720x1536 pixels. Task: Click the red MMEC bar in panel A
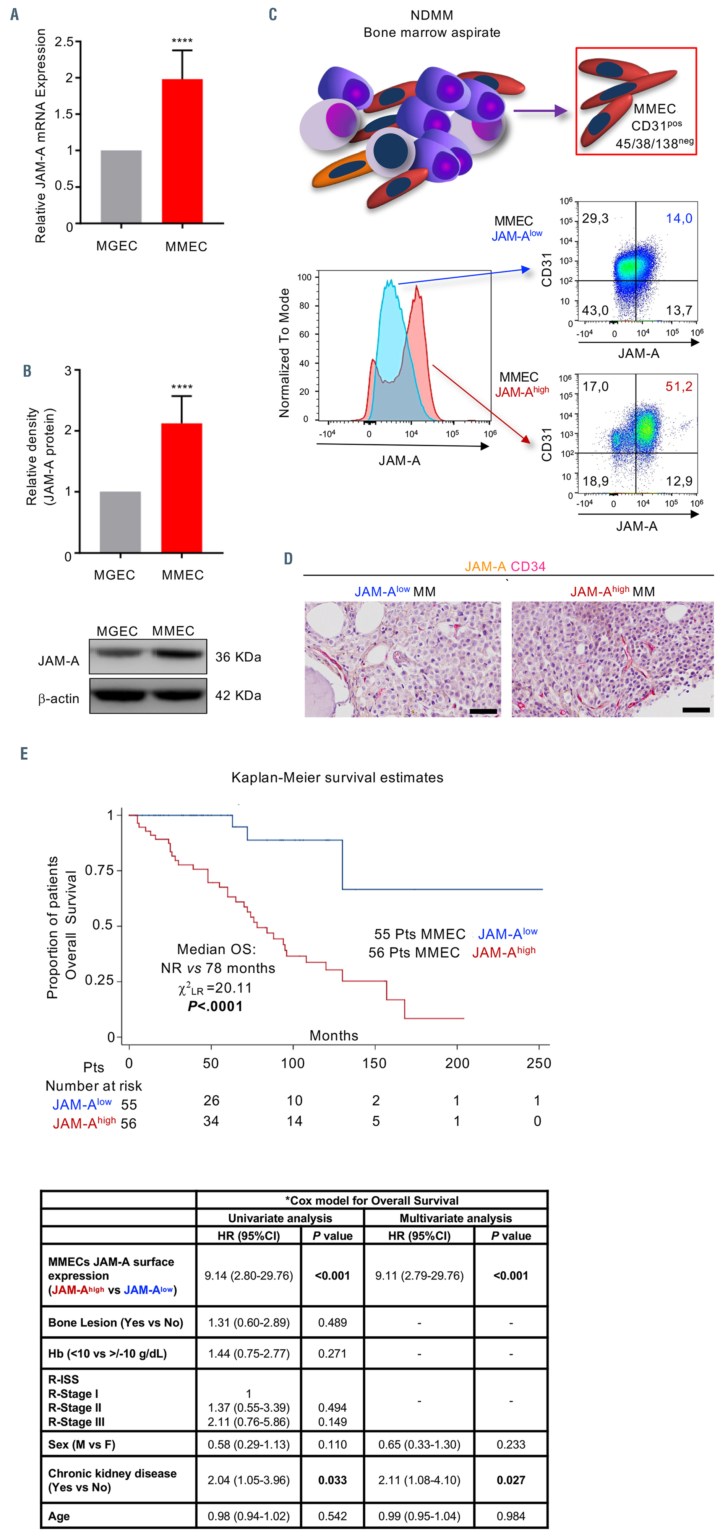coord(182,151)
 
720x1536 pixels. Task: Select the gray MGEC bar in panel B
coord(120,522)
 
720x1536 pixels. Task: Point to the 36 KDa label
coord(238,657)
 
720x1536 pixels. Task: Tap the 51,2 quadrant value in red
coord(679,386)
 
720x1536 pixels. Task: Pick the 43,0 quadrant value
coord(595,310)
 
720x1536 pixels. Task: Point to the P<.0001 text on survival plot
coord(215,1007)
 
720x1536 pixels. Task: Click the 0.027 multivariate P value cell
coord(511,1479)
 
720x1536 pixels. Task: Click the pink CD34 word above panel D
coord(528,566)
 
